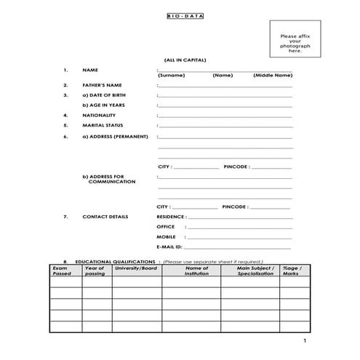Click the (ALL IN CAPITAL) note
pyautogui.click(x=185, y=60)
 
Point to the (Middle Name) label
pyautogui.click(x=273, y=76)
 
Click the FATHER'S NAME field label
pyautogui.click(x=102, y=85)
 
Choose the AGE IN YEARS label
pyautogui.click(x=103, y=105)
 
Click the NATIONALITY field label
pyautogui.click(x=99, y=116)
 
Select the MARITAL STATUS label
pyautogui.click(x=103, y=126)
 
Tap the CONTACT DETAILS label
pyautogui.click(x=105, y=217)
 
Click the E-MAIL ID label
pyautogui.click(x=169, y=247)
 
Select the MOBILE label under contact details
pyautogui.click(x=166, y=237)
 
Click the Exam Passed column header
pyautogui.click(x=62, y=271)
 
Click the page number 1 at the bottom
pyautogui.click(x=305, y=341)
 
